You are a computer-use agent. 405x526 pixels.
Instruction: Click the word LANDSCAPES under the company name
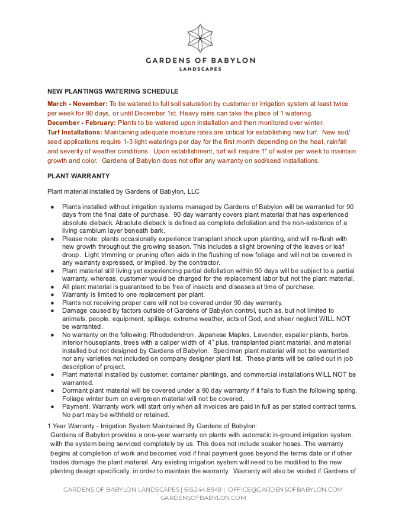[x=201, y=69]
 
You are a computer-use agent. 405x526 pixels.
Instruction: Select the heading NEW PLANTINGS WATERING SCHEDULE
[x=112, y=91]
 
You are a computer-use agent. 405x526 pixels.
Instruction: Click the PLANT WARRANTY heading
[x=78, y=176]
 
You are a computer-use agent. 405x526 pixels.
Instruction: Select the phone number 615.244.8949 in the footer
[x=203, y=490]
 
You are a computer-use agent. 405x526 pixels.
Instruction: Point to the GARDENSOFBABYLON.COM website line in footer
[x=203, y=498]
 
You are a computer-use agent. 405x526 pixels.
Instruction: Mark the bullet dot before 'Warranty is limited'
[x=53, y=294]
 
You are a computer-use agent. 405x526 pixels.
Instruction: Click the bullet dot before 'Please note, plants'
[x=53, y=238]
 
